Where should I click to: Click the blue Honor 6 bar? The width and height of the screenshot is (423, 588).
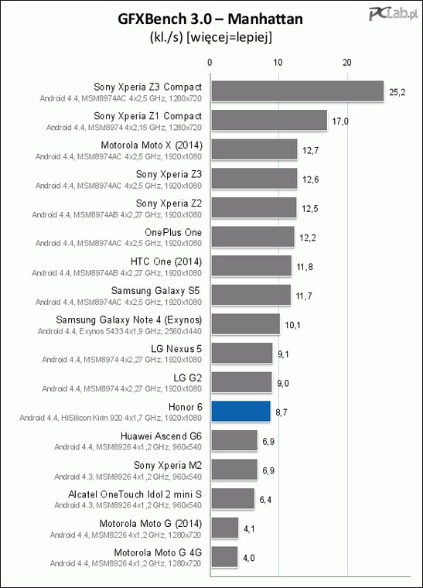click(x=241, y=412)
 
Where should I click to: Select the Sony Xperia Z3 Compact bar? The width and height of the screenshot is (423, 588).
click(x=298, y=91)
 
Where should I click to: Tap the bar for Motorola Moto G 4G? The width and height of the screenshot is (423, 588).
click(x=225, y=557)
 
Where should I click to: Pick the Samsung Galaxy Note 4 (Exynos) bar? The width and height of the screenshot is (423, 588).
click(x=246, y=324)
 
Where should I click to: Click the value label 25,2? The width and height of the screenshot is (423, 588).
click(x=397, y=92)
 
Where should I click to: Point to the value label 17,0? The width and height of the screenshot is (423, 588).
click(x=340, y=121)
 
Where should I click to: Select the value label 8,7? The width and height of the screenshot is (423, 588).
click(x=281, y=412)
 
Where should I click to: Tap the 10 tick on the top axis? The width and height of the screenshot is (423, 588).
click(x=278, y=62)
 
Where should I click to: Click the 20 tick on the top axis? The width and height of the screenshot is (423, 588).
click(x=347, y=62)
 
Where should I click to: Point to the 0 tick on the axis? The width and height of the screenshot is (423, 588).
click(x=210, y=62)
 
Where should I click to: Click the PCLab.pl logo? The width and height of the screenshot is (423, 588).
click(x=393, y=14)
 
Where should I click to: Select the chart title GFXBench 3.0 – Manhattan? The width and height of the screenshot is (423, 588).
click(x=210, y=19)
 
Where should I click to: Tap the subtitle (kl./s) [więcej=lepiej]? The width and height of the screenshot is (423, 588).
click(x=210, y=37)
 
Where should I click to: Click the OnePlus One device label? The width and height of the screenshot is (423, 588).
click(x=173, y=233)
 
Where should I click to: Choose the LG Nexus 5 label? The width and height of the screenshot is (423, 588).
click(x=176, y=349)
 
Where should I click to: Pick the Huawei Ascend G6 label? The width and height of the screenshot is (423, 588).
click(x=161, y=436)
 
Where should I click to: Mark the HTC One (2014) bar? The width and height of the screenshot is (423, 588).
click(x=252, y=266)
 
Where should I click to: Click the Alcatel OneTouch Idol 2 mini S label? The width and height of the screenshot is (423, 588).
click(x=135, y=494)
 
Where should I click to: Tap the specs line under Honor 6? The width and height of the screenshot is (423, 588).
click(x=111, y=418)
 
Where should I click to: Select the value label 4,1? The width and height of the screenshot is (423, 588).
click(x=249, y=528)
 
